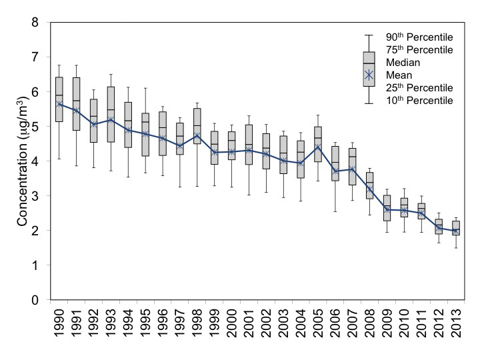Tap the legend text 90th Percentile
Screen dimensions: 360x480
tap(419, 37)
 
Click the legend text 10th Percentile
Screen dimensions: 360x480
tap(419, 101)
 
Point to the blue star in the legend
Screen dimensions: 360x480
tap(369, 75)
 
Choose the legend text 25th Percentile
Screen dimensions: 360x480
tap(419, 88)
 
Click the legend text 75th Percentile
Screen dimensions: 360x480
tap(419, 50)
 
